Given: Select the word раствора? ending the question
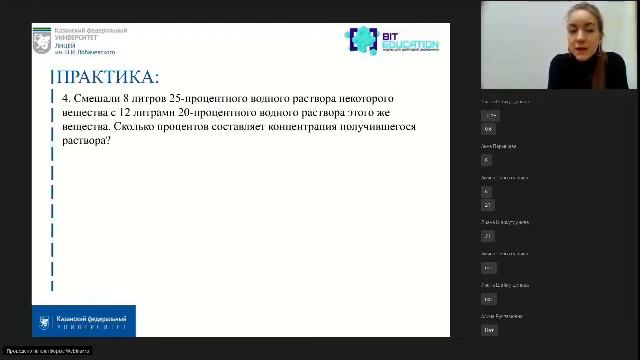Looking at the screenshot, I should point(85,141).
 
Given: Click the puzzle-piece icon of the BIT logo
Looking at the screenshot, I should point(360,40).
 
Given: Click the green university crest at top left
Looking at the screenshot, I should point(43,41).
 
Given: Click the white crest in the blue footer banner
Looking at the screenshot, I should point(44,321).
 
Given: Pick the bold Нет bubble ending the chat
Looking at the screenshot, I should point(490,329).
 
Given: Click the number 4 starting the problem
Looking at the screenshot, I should point(65,99).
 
